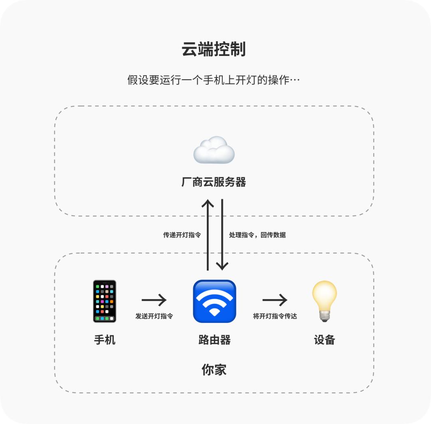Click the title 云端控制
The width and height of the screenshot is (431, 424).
click(214, 49)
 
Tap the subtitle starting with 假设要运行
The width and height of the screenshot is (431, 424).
click(213, 80)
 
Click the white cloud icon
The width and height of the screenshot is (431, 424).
click(214, 150)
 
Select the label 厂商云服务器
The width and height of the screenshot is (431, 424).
click(214, 182)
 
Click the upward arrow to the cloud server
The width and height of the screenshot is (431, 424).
click(208, 235)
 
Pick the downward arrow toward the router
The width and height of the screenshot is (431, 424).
click(222, 235)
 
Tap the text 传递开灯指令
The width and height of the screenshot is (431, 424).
click(182, 235)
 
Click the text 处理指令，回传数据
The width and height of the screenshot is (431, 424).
click(257, 235)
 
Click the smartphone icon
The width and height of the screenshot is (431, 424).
click(105, 301)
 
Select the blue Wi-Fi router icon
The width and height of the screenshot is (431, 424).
click(214, 301)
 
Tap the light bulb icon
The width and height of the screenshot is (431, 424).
click(324, 301)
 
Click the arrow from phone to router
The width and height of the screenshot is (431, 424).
click(154, 300)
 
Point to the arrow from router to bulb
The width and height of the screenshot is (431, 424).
click(275, 300)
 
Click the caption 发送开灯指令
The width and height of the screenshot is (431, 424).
click(154, 316)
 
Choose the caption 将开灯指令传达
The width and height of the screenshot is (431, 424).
click(275, 316)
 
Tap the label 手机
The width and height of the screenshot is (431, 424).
click(105, 340)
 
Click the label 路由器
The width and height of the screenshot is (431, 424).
click(214, 340)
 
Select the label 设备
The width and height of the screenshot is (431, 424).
click(324, 340)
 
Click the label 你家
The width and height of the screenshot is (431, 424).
click(214, 370)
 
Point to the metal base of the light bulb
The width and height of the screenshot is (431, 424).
click(324, 316)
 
